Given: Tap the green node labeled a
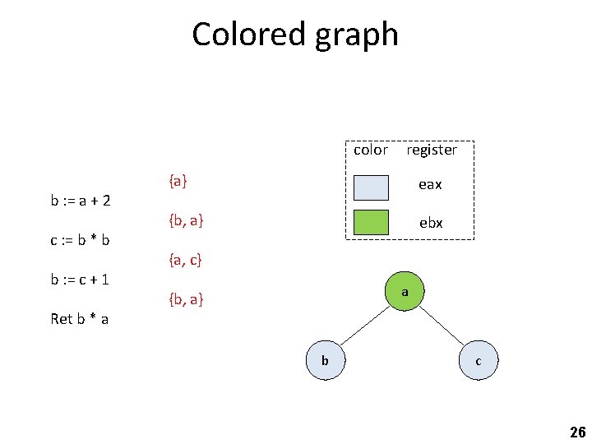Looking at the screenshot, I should (405, 291).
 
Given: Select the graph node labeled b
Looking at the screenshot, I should (325, 360).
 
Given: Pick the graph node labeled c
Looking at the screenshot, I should (479, 360).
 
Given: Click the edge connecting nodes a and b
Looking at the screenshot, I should (363, 326).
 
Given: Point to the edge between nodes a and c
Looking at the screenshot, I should (442, 326).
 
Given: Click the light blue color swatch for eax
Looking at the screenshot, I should (370, 186).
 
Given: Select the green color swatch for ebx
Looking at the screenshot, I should (370, 224).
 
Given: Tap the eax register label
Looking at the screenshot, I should (430, 185).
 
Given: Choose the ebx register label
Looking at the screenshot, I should (431, 223).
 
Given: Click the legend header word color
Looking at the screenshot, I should (370, 150).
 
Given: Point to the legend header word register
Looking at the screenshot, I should (432, 150).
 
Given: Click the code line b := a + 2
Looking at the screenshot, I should (81, 201).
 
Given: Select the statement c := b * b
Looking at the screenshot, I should (81, 240).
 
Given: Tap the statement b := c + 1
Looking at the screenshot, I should (81, 280).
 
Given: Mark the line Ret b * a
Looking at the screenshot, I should (80, 318).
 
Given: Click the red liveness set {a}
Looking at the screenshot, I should (178, 181).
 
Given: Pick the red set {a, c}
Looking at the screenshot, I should (185, 261).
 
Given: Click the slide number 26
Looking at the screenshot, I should (577, 432).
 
